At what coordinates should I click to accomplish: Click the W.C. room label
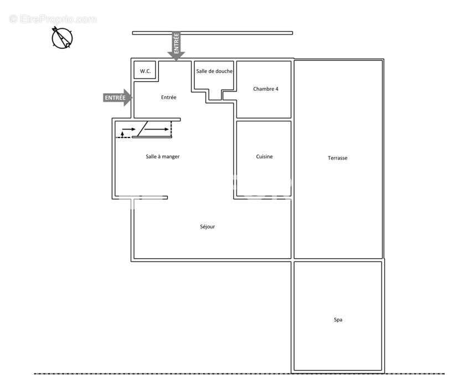pos(145,71)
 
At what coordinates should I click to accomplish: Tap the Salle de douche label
pos(214,71)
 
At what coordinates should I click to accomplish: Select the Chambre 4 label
pos(266,89)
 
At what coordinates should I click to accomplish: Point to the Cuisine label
pos(264,157)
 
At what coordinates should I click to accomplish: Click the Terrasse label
pos(338,158)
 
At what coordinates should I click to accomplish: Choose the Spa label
pos(338,320)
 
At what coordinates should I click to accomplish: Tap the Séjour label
pos(207,227)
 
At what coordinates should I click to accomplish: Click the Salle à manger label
pos(163,157)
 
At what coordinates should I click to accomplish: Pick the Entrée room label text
pos(169,97)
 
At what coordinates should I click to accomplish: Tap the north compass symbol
pos(62,38)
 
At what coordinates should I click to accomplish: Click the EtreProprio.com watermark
pos(53,19)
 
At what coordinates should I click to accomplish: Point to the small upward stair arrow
pos(122,135)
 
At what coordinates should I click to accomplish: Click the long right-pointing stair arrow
pos(157,130)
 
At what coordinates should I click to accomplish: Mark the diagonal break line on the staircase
pos(142,129)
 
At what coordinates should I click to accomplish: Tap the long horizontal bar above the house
pos(213,33)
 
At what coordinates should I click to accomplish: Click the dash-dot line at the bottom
pos(239,373)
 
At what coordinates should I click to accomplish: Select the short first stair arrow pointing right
pos(129,129)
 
